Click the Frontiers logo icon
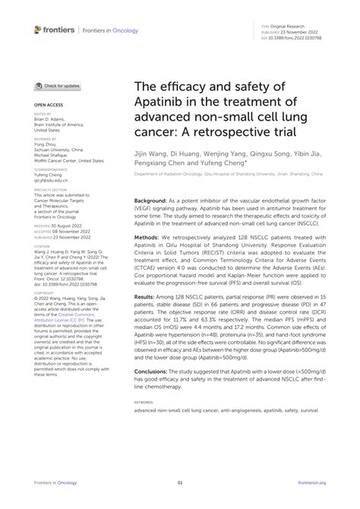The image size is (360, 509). coord(38,29)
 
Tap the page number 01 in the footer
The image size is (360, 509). coord(180,483)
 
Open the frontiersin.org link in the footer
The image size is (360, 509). coord(321,483)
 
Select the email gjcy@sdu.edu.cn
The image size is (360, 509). coord(51,181)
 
